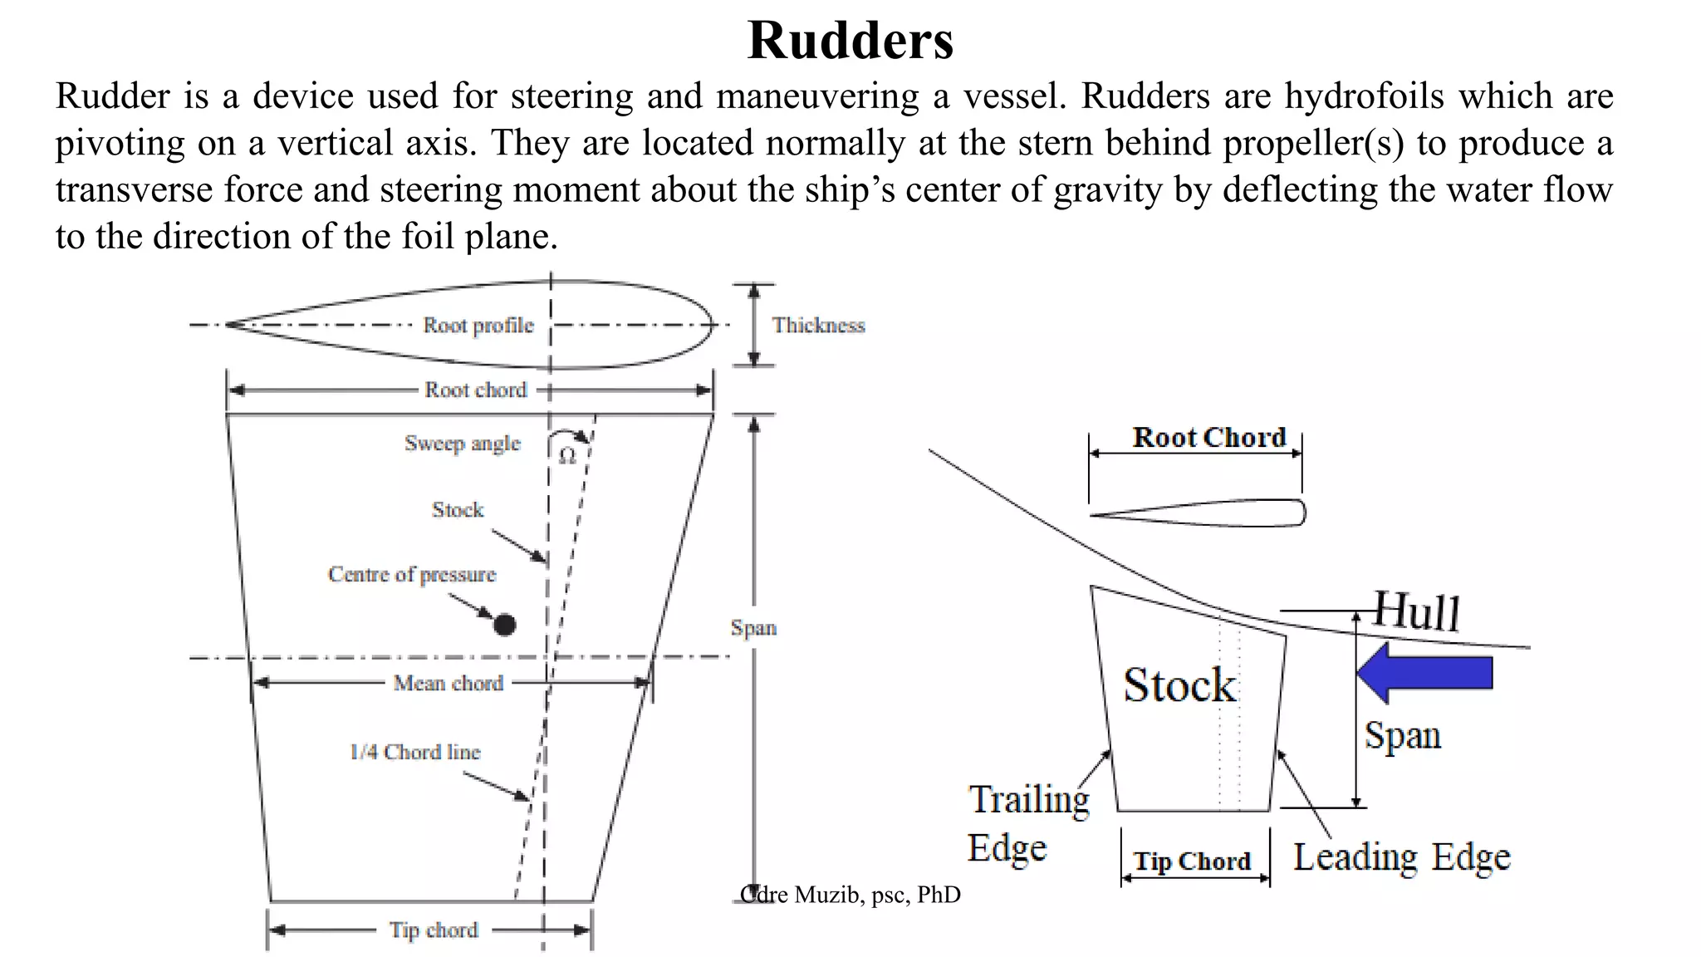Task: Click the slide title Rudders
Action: [850, 40]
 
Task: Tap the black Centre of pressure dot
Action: [504, 625]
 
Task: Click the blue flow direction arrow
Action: [1425, 672]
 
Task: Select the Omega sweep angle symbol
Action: [567, 456]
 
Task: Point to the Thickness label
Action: [818, 325]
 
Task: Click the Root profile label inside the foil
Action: [478, 325]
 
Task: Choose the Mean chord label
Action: [449, 683]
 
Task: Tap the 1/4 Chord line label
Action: [415, 752]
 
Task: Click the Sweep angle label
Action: [463, 443]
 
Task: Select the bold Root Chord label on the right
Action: [1209, 438]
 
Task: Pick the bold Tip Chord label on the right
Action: [1193, 861]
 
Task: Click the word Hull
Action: [1416, 611]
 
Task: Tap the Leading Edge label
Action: [1402, 857]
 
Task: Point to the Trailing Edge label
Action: [1028, 822]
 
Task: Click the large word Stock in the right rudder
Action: [1179, 685]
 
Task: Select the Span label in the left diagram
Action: [753, 628]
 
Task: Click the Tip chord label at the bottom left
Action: [434, 930]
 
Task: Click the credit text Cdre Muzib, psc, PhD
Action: [850, 895]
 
